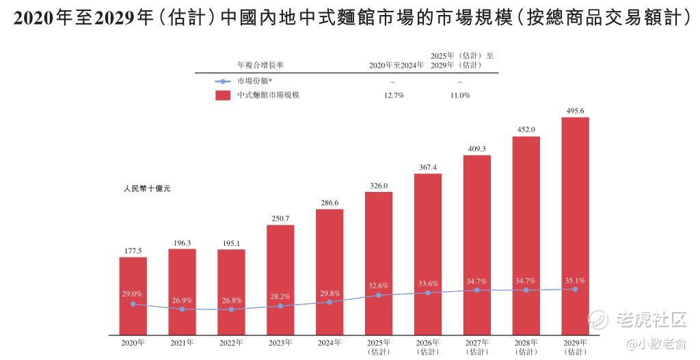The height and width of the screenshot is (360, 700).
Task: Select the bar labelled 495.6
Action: pyautogui.click(x=575, y=225)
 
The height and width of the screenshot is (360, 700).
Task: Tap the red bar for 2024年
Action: pyautogui.click(x=329, y=272)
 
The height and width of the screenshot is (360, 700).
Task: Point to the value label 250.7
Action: pyautogui.click(x=280, y=219)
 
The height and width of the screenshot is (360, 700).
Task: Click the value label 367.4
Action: pyautogui.click(x=428, y=167)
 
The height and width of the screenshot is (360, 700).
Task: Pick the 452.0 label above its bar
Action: pyautogui.click(x=526, y=130)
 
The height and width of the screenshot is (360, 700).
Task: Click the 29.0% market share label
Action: pyautogui.click(x=133, y=293)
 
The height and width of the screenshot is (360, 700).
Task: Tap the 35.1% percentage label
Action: pyautogui.click(x=575, y=280)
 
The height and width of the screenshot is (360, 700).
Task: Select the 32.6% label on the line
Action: pyautogui.click(x=378, y=286)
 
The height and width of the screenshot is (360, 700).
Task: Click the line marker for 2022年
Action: pyautogui.click(x=231, y=309)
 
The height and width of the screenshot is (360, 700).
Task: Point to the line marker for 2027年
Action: pyautogui.click(x=476, y=290)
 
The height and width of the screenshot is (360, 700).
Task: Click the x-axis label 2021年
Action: pyautogui.click(x=182, y=342)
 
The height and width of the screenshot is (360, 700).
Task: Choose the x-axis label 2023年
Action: pyautogui.click(x=280, y=342)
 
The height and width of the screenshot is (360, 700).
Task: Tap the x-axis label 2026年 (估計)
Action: pyautogui.click(x=428, y=346)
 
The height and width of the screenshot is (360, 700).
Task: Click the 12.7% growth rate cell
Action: pyautogui.click(x=394, y=96)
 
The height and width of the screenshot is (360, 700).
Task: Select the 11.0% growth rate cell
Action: pyautogui.click(x=460, y=96)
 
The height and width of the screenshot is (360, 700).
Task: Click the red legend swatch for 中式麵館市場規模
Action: pyautogui.click(x=223, y=96)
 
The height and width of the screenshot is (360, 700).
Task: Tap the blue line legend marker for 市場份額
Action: pyautogui.click(x=223, y=81)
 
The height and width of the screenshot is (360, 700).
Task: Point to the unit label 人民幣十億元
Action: pyautogui.click(x=147, y=189)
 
